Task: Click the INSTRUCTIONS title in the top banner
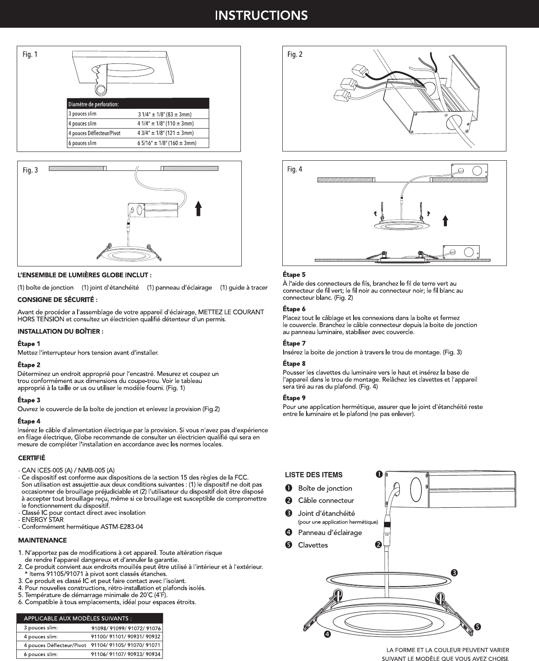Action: point(261,15)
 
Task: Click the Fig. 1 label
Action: point(30,55)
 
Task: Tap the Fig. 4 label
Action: point(295,169)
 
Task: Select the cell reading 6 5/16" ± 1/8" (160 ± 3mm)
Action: point(167,143)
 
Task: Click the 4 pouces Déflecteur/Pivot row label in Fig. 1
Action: point(95,133)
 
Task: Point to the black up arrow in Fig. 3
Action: point(198,208)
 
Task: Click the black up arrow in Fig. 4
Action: point(445,221)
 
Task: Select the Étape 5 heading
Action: point(294,275)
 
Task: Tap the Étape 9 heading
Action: point(294,398)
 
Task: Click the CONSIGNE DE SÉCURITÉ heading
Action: point(58,299)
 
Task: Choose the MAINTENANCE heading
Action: point(42,540)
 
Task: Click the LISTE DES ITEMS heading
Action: point(314,475)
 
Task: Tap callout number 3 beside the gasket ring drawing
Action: point(454,573)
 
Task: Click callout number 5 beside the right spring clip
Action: point(477,627)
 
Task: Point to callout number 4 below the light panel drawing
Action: point(327,635)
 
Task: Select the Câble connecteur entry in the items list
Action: point(326,501)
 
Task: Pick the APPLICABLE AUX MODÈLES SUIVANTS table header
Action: point(78,618)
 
